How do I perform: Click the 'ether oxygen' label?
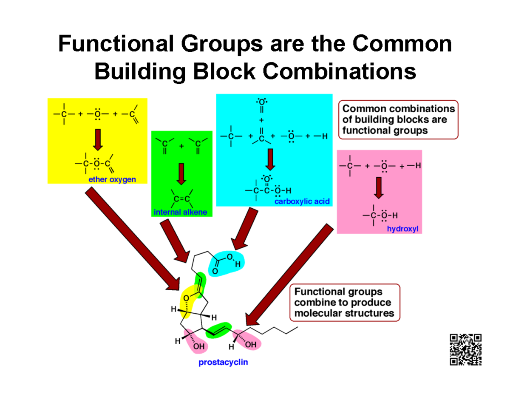tap(112, 179)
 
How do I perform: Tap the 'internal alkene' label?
tap(182, 212)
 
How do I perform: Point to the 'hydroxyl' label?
tap(402, 229)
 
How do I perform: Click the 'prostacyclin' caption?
tap(223, 363)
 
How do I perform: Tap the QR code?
tap(465, 349)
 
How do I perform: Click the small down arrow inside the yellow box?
tap(98, 139)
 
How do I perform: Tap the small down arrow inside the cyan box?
tap(270, 160)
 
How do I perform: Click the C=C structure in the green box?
tap(182, 198)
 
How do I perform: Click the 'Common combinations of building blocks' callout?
tap(398, 119)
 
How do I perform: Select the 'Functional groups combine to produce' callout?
tap(345, 303)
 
